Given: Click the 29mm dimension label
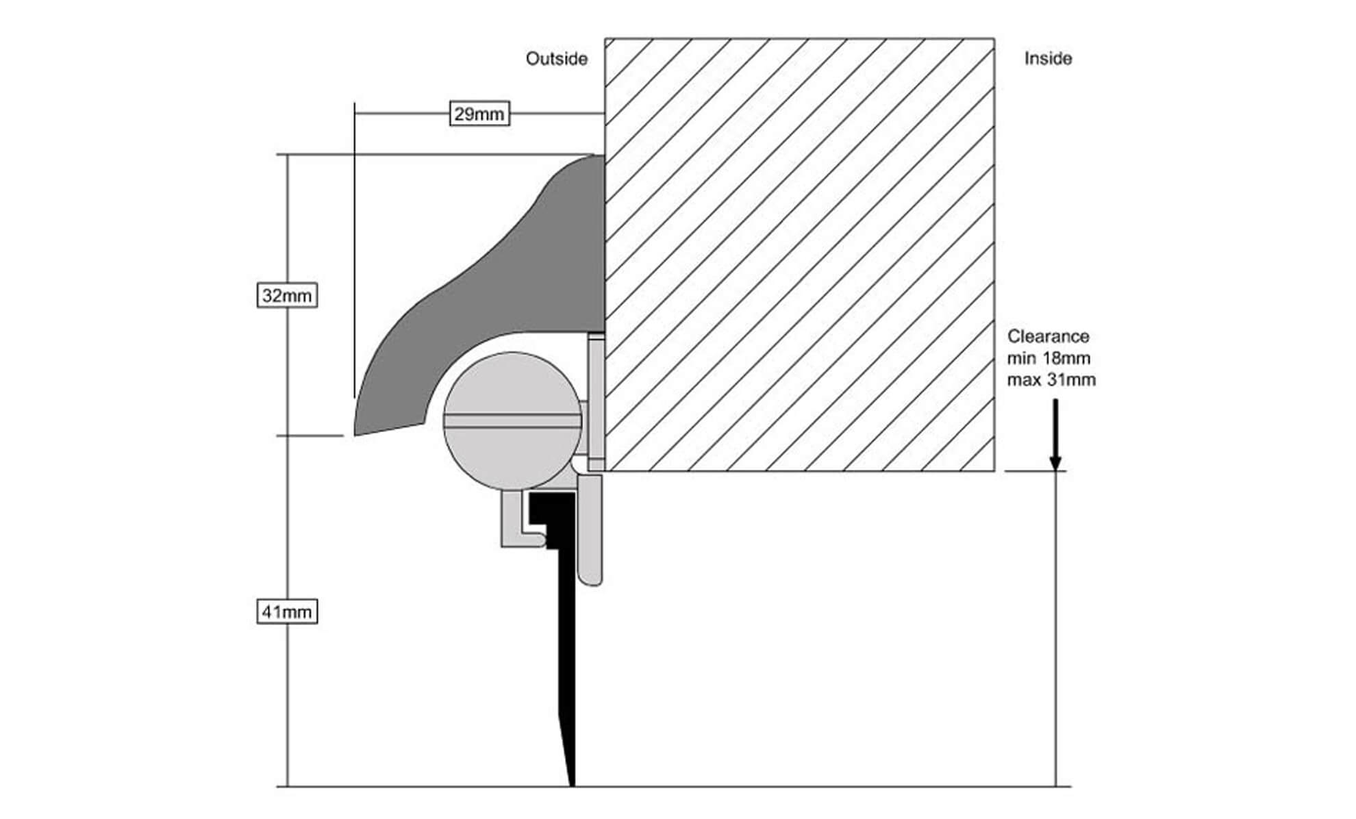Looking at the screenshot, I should point(479,114).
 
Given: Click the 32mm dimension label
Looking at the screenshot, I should point(287,296).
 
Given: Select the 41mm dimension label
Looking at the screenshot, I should point(287,612).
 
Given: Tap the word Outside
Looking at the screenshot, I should point(556,59).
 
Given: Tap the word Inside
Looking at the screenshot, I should point(1048,59).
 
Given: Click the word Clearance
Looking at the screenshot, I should point(1048,336).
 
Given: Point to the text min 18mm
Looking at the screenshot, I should point(1048,358).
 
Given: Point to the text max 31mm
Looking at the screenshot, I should point(1051,379).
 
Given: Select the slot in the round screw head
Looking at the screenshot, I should point(512,420).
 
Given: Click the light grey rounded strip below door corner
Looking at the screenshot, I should point(590,534).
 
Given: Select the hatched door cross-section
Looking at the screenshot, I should point(799,253).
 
